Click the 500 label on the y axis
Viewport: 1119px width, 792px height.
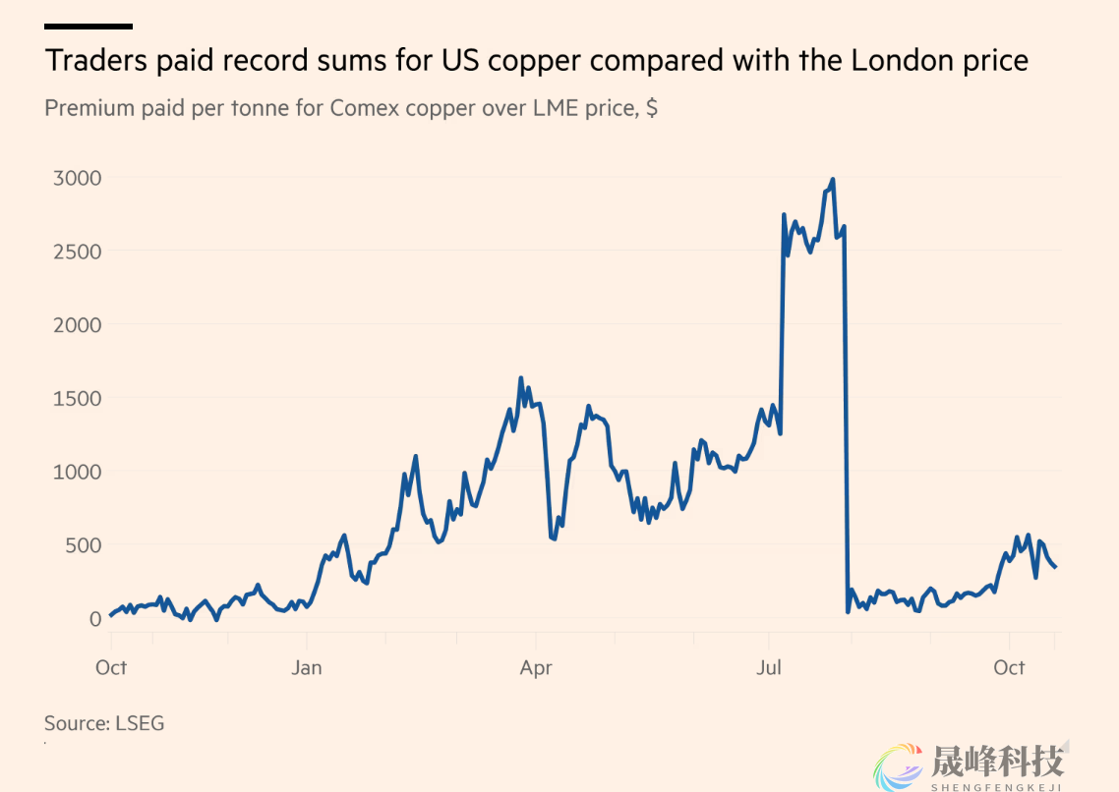(83, 545)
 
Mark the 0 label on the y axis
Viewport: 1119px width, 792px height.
(95, 618)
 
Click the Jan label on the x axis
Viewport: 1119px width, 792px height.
(307, 668)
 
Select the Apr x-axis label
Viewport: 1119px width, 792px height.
(536, 668)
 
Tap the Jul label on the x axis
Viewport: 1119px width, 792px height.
(768, 668)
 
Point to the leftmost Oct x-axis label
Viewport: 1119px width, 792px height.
(111, 668)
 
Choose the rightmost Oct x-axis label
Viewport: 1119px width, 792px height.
(1009, 668)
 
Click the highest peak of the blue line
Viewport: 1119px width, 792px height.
(833, 180)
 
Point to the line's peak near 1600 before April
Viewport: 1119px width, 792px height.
(520, 378)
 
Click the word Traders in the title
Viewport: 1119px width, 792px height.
(93, 61)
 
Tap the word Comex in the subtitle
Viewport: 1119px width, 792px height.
(367, 108)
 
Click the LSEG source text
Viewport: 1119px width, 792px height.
(141, 724)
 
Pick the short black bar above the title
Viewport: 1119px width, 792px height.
(88, 27)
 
